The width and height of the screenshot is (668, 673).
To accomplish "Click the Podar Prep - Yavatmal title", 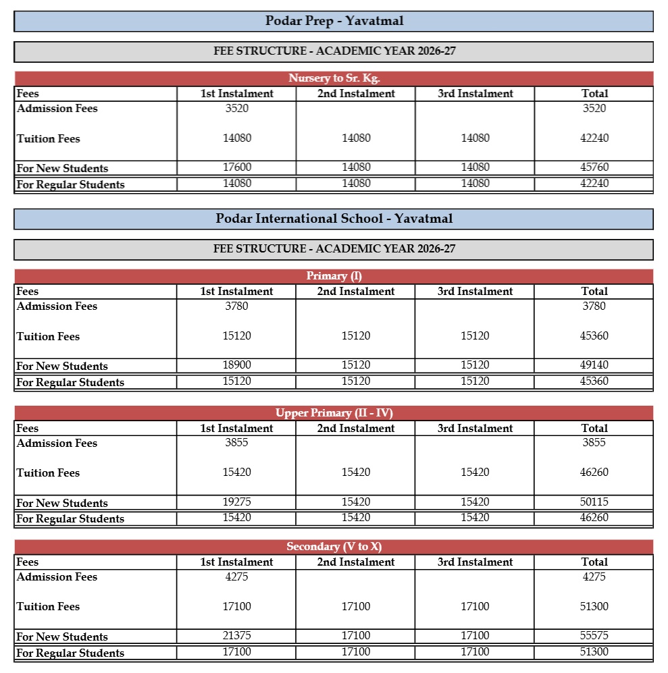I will click(334, 21).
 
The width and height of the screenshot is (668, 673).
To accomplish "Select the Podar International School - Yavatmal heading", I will click(334, 219).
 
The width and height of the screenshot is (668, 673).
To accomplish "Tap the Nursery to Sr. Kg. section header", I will click(334, 78).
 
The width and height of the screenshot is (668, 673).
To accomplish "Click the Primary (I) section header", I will click(334, 276).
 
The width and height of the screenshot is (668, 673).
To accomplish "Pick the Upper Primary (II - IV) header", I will click(334, 413).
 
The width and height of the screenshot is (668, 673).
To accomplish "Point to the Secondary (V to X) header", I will click(334, 547).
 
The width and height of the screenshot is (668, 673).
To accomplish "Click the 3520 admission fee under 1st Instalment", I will click(236, 108).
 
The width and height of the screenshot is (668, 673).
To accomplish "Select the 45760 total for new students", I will click(594, 167).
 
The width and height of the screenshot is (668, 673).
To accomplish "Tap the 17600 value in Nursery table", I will click(236, 167).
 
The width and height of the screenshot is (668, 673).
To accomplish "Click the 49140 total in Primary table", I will click(594, 365).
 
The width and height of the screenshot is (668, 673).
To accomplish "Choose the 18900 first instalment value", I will click(236, 365).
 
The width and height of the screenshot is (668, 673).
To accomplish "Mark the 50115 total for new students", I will click(594, 502).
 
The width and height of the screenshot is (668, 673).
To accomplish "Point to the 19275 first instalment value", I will click(236, 502).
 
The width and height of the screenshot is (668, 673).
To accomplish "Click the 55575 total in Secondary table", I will click(594, 636).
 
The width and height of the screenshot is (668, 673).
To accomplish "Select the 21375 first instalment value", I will click(236, 636).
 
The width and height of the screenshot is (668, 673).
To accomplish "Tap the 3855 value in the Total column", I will click(594, 443).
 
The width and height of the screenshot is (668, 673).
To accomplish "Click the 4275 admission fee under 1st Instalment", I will click(236, 576).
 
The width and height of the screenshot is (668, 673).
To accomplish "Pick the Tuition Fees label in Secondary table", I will click(48, 607).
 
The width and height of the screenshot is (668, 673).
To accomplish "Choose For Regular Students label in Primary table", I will click(70, 383).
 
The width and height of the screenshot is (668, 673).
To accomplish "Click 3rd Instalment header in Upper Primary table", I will click(475, 429).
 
